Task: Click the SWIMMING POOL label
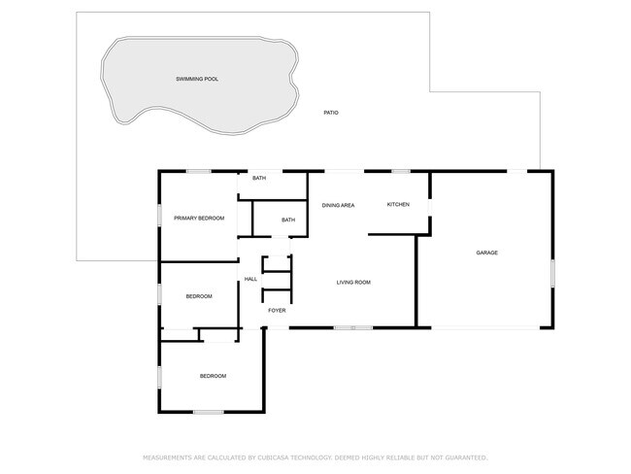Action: (197, 79)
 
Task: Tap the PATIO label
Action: (331, 113)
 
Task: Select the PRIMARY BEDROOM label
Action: (199, 219)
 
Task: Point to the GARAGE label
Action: (487, 253)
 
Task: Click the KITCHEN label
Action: (398, 205)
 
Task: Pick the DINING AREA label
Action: (339, 205)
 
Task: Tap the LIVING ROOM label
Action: (353, 283)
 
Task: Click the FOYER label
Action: (277, 311)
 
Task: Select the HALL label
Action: (250, 279)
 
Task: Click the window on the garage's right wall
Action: (553, 274)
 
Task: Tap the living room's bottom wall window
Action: (353, 327)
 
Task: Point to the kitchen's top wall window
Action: (401, 172)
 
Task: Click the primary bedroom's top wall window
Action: (199, 172)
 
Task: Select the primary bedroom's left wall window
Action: (159, 215)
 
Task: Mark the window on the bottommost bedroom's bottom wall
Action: (209, 412)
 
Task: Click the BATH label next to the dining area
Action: (288, 220)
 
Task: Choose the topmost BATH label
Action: (259, 178)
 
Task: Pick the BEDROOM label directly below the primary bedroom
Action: (199, 296)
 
